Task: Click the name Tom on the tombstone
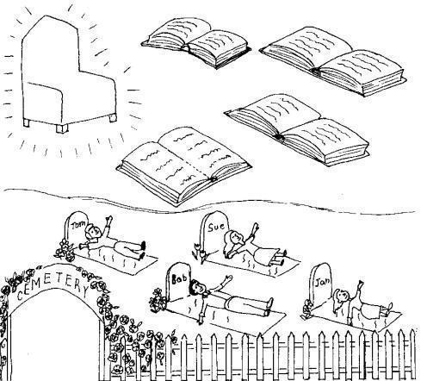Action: point(78,225)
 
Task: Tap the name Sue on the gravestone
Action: point(216,228)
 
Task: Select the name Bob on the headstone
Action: point(179,278)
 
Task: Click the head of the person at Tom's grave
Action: point(93,232)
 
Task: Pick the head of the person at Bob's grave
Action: point(197,288)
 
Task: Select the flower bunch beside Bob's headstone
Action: point(158,300)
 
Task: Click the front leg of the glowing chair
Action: point(62,128)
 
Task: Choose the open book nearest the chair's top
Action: point(196,42)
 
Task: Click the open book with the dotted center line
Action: point(184,166)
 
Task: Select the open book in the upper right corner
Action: point(333,60)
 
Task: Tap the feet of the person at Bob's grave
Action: point(269,307)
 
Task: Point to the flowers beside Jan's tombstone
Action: point(307,309)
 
